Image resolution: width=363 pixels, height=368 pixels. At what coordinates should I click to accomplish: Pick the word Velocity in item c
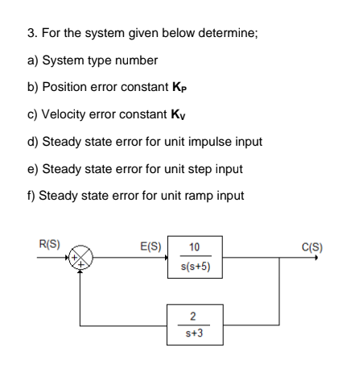click(71, 115)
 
